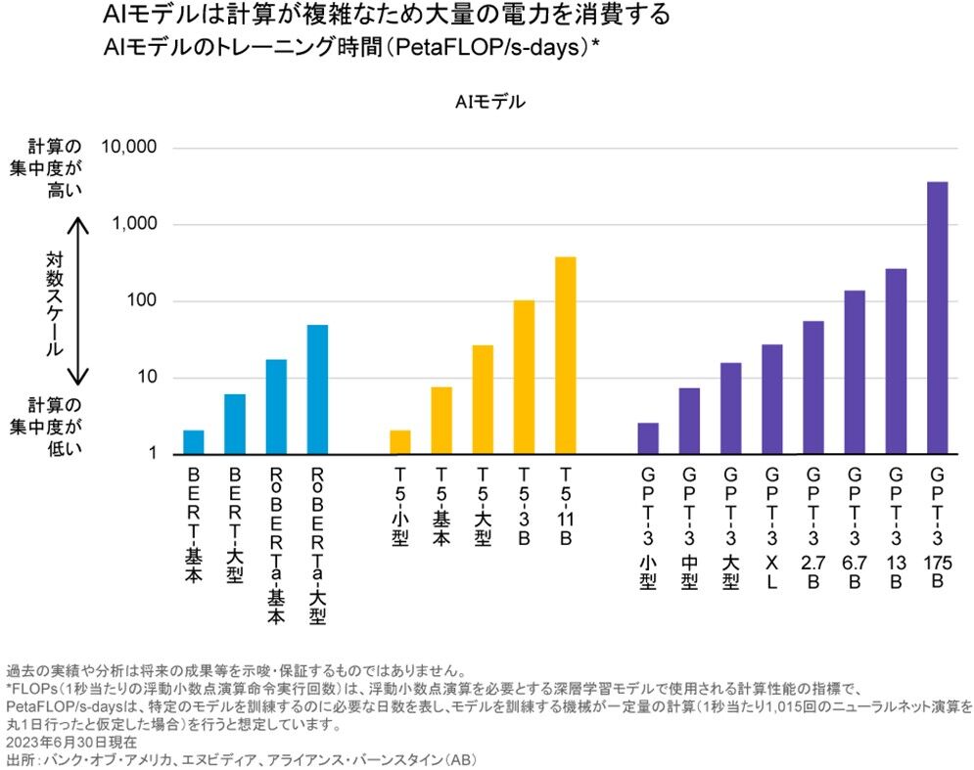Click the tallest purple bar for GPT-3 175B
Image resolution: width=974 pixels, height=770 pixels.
[936, 318]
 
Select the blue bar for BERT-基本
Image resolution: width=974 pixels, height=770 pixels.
[194, 442]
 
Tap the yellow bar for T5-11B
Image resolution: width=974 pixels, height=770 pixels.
[565, 356]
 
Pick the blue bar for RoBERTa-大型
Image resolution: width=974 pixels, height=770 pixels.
[317, 389]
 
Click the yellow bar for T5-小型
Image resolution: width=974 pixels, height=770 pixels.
[400, 442]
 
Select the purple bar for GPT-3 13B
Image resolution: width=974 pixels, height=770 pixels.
[896, 361]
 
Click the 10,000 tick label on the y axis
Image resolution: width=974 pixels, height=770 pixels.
[129, 148]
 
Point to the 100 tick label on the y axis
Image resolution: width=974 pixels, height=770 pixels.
[143, 301]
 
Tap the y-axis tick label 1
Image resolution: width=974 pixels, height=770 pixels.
[153, 455]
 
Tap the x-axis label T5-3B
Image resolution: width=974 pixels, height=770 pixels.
[524, 507]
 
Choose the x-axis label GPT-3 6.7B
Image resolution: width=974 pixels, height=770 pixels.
[855, 528]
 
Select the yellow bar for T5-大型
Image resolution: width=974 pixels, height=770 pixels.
[483, 399]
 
